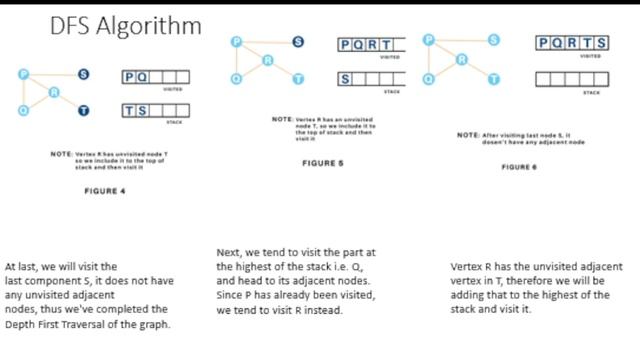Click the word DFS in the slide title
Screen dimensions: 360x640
point(74,25)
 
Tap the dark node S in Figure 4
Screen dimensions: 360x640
point(83,75)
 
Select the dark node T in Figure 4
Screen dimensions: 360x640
point(83,110)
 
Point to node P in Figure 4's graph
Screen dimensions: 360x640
point(22,75)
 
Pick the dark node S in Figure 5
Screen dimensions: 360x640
point(298,42)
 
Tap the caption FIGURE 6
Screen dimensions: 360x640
point(520,167)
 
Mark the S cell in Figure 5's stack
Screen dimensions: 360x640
point(346,78)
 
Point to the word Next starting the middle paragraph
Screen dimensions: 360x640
point(228,252)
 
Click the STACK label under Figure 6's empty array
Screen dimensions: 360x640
point(591,91)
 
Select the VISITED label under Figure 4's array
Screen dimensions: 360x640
point(172,90)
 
